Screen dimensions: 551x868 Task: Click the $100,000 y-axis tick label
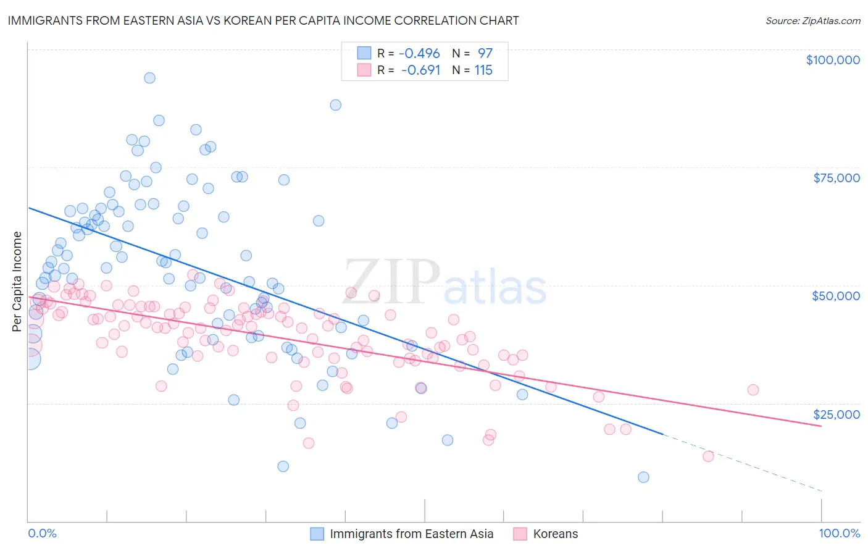(832, 60)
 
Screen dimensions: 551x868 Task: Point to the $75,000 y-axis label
(836, 178)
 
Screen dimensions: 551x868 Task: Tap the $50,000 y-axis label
(835, 296)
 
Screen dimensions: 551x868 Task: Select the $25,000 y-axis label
(836, 414)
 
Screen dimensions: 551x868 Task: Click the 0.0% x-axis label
(42, 533)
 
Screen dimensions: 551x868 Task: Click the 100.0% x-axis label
(839, 533)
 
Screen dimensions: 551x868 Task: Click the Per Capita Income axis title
(17, 281)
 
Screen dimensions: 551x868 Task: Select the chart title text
(263, 20)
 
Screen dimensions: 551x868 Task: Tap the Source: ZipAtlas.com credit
(812, 20)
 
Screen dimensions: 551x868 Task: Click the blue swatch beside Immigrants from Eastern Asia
(317, 534)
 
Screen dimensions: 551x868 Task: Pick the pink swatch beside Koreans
(520, 534)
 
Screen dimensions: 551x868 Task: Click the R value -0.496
(419, 53)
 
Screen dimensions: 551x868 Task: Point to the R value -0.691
(420, 70)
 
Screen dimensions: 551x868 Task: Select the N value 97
(485, 53)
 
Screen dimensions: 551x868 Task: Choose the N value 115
(483, 70)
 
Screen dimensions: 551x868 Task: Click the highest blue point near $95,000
(149, 78)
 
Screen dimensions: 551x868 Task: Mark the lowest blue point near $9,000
(643, 477)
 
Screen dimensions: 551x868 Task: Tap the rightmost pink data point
(753, 390)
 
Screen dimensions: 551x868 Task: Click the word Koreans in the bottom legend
(556, 534)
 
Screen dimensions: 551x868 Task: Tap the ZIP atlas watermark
(444, 282)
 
